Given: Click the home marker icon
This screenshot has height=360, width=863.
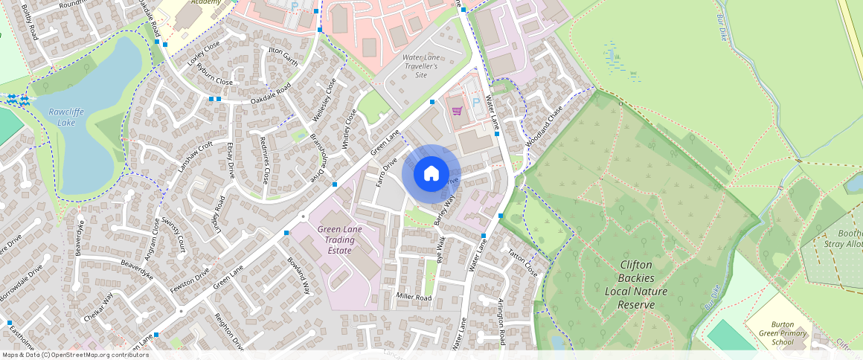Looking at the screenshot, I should [x=431, y=174].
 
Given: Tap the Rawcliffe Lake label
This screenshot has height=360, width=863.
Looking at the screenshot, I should [x=62, y=117].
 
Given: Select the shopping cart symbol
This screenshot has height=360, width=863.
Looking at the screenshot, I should [x=457, y=111].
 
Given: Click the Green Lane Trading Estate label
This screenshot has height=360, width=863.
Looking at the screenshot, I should [x=340, y=240].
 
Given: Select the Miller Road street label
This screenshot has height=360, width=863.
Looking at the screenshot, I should [x=414, y=298].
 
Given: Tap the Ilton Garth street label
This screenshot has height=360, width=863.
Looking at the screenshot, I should [x=283, y=57].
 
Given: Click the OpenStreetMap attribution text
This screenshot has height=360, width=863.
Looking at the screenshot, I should [x=75, y=355].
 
